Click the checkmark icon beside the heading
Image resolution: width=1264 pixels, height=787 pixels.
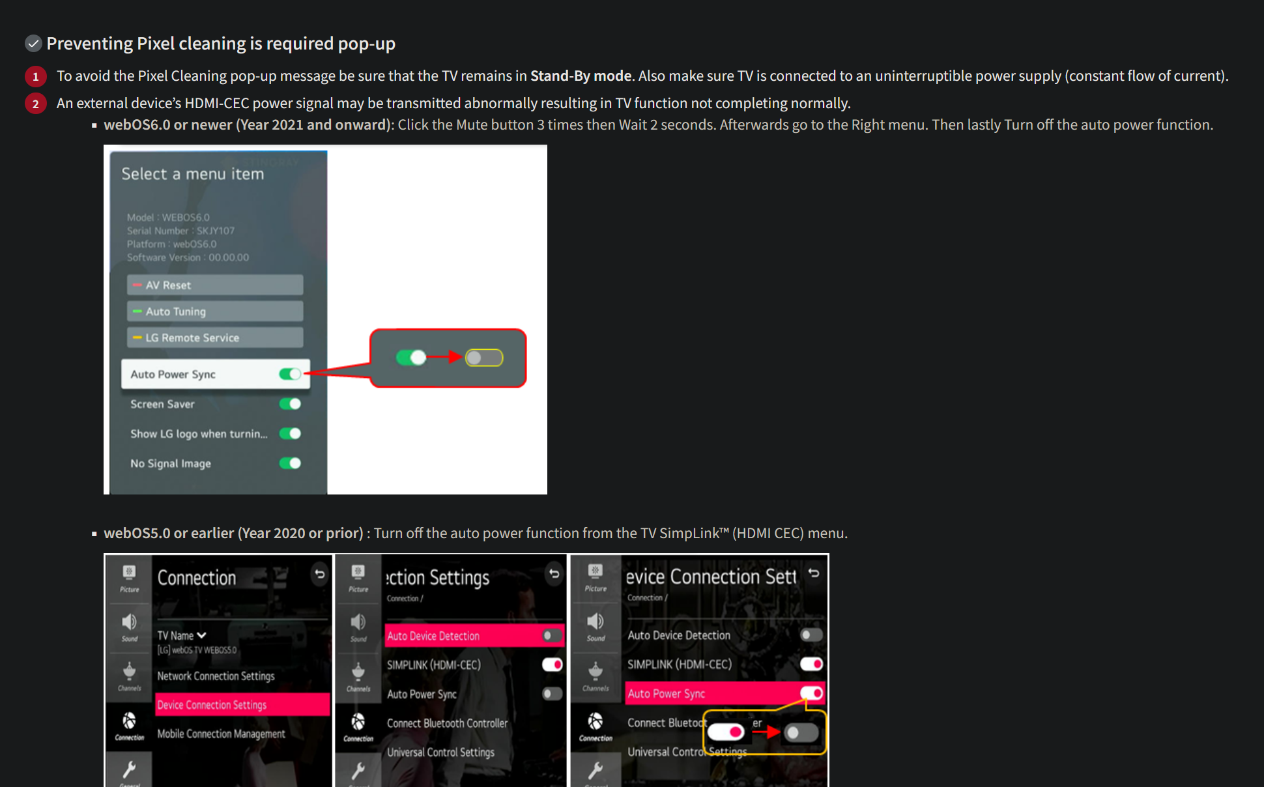pyautogui.click(x=33, y=44)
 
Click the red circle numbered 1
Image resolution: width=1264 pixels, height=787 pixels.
pyautogui.click(x=36, y=76)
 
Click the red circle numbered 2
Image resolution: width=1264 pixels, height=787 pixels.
pyautogui.click(x=36, y=104)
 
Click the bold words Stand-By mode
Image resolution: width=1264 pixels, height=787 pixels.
pyautogui.click(x=581, y=76)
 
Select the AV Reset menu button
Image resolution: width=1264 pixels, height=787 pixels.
pyautogui.click(x=215, y=285)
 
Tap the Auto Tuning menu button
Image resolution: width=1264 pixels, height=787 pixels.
pyautogui.click(x=215, y=311)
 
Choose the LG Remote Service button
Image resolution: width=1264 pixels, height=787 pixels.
pyautogui.click(x=215, y=337)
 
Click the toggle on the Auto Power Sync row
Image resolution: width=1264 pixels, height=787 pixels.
pyautogui.click(x=290, y=374)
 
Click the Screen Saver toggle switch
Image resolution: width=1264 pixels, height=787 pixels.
pyautogui.click(x=290, y=404)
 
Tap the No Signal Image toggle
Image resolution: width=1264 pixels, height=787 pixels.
pyautogui.click(x=290, y=463)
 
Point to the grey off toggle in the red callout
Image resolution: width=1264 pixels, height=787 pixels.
pyautogui.click(x=483, y=358)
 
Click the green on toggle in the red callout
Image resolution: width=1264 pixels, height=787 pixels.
pyautogui.click(x=411, y=358)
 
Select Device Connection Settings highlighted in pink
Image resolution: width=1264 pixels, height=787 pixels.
pyautogui.click(x=242, y=705)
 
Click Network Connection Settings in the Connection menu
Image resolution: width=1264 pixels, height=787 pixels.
pyautogui.click(x=216, y=676)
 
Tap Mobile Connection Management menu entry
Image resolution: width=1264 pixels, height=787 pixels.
pyautogui.click(x=221, y=734)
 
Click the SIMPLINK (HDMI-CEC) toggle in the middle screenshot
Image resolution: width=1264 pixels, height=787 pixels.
pyautogui.click(x=552, y=665)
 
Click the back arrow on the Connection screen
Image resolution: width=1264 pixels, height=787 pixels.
pyautogui.click(x=319, y=574)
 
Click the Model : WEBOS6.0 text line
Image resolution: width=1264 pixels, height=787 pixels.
pyautogui.click(x=168, y=218)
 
